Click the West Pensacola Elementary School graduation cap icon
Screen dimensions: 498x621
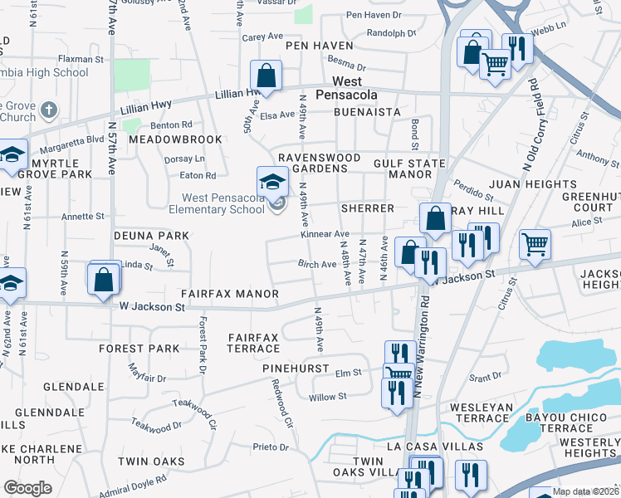(272, 180)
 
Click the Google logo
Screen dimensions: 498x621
(27, 487)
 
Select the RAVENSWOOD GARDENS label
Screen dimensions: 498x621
(319, 163)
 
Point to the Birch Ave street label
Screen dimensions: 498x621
(317, 264)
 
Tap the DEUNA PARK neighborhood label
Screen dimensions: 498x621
(151, 236)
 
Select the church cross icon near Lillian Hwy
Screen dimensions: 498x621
(50, 109)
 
